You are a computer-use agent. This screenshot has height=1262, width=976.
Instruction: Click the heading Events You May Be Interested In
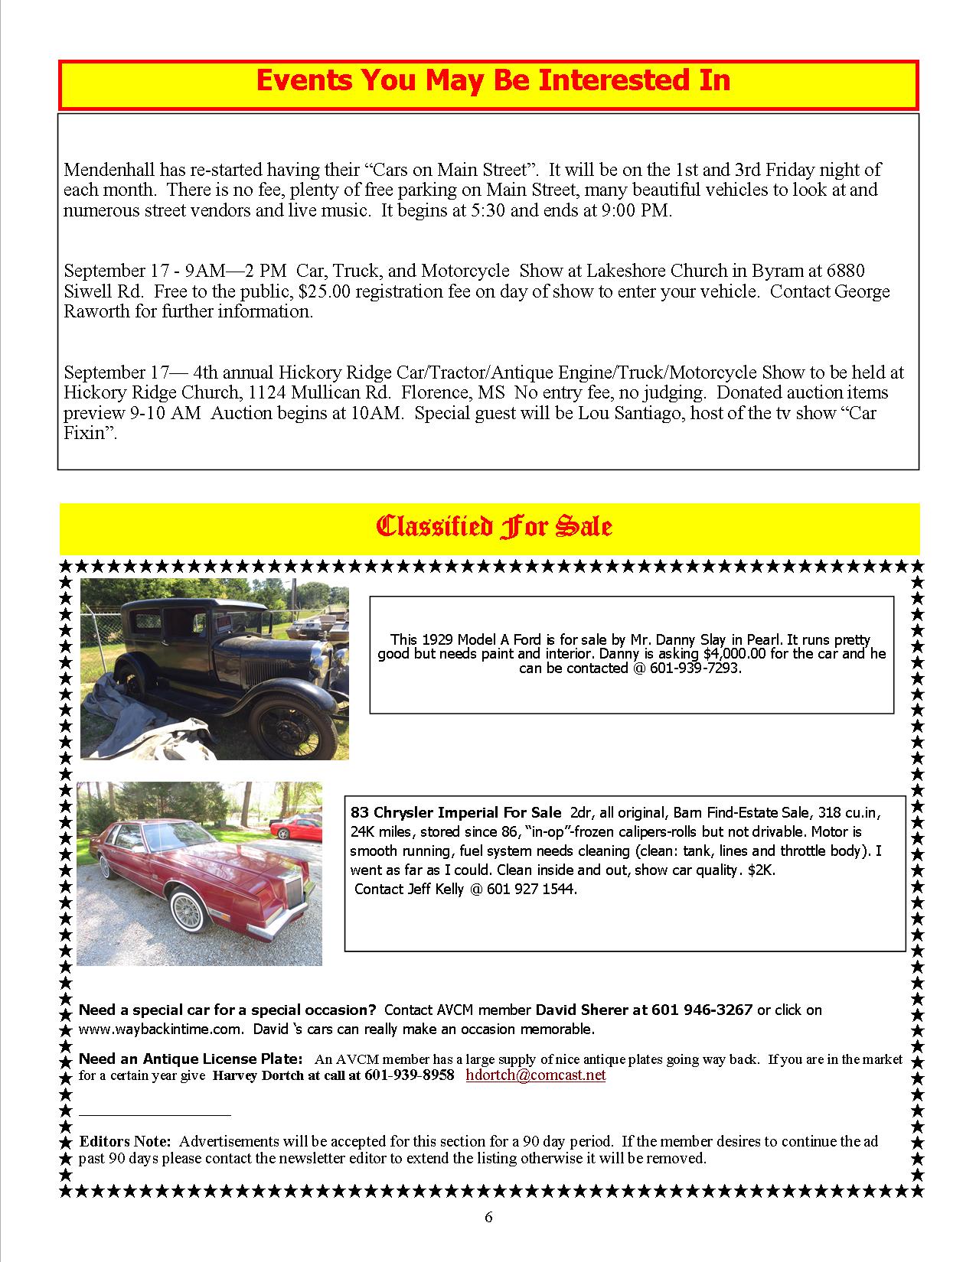tap(492, 81)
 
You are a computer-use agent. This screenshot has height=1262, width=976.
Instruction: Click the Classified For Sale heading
tap(493, 527)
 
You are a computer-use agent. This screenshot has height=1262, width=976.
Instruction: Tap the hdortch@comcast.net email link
tap(535, 1075)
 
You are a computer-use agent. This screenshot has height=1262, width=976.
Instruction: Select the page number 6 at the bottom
tap(488, 1218)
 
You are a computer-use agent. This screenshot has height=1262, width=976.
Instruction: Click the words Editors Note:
tap(125, 1141)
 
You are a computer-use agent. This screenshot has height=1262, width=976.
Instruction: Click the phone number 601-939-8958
tap(410, 1075)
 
